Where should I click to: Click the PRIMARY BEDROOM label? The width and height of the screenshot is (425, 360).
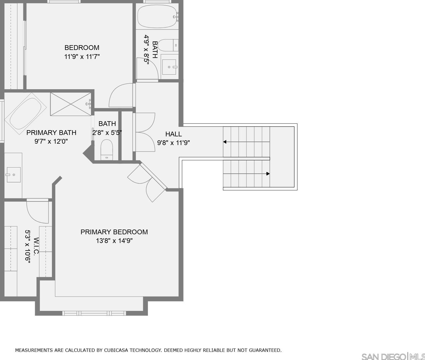point(114,232)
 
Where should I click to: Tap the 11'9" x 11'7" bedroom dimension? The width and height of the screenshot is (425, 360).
point(82,56)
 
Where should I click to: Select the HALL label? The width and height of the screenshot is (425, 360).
point(173,134)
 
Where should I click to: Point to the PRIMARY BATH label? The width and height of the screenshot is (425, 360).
point(51,132)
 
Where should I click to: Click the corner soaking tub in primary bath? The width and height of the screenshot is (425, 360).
point(26,114)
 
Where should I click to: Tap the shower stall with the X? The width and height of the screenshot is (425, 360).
point(71,104)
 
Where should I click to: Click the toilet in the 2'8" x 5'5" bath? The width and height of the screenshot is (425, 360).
point(107,150)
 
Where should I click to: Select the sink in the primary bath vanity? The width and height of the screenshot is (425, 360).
point(13,175)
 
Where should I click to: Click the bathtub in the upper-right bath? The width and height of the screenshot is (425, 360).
point(157,17)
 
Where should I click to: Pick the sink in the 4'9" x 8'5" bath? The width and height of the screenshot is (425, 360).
point(169,67)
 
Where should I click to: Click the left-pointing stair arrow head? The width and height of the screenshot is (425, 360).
point(225,142)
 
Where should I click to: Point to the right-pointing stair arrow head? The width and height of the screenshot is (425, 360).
point(268,174)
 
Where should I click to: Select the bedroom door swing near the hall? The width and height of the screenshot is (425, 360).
point(121,95)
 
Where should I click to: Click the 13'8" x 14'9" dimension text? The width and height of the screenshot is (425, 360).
point(114,241)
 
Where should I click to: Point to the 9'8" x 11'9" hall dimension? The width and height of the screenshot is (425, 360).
point(173,143)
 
